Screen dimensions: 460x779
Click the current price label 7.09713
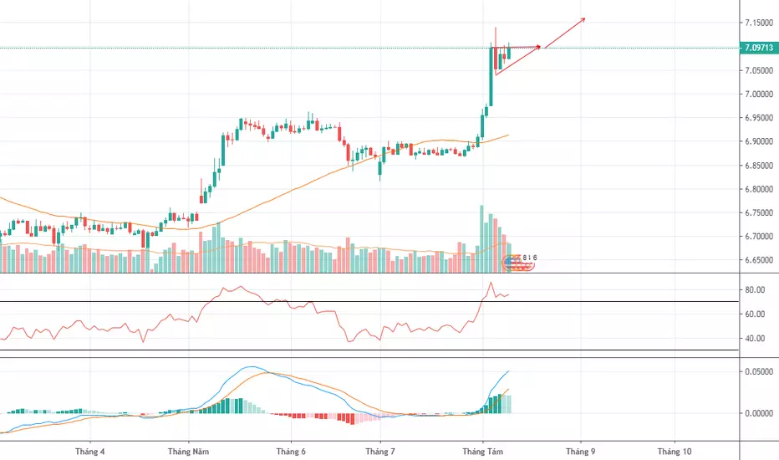pyautogui.click(x=758, y=48)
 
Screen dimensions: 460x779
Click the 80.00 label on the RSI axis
pyautogui.click(x=756, y=290)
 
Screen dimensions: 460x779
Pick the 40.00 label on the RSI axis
pyautogui.click(x=756, y=339)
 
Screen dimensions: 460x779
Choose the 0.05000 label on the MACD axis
pyautogui.click(x=758, y=371)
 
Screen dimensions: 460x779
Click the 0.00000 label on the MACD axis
pyautogui.click(x=758, y=413)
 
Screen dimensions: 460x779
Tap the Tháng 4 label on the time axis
pyautogui.click(x=89, y=452)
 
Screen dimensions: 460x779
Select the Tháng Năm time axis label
pyautogui.click(x=190, y=452)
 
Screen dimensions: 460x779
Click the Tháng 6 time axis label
pyautogui.click(x=291, y=452)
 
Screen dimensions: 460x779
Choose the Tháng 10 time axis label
pyautogui.click(x=675, y=452)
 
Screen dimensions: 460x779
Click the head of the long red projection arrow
pyautogui.click(x=584, y=18)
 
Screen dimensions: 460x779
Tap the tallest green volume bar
pyautogui.click(x=481, y=238)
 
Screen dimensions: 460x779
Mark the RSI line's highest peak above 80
pyautogui.click(x=490, y=283)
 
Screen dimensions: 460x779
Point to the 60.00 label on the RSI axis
pyautogui.click(x=756, y=314)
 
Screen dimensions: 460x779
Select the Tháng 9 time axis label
pyautogui.click(x=579, y=452)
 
